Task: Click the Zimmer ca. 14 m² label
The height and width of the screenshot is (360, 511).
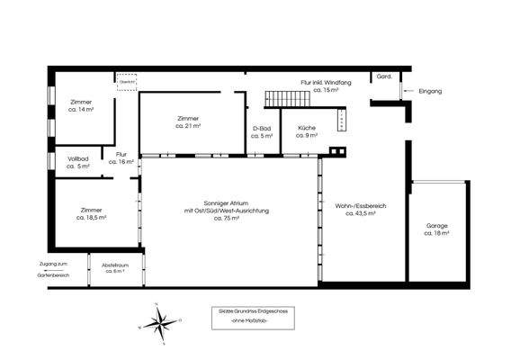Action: (81, 105)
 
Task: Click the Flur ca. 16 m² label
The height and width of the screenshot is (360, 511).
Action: (121, 157)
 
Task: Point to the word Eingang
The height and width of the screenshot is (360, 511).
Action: (431, 90)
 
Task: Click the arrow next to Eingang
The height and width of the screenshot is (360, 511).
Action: (407, 90)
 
